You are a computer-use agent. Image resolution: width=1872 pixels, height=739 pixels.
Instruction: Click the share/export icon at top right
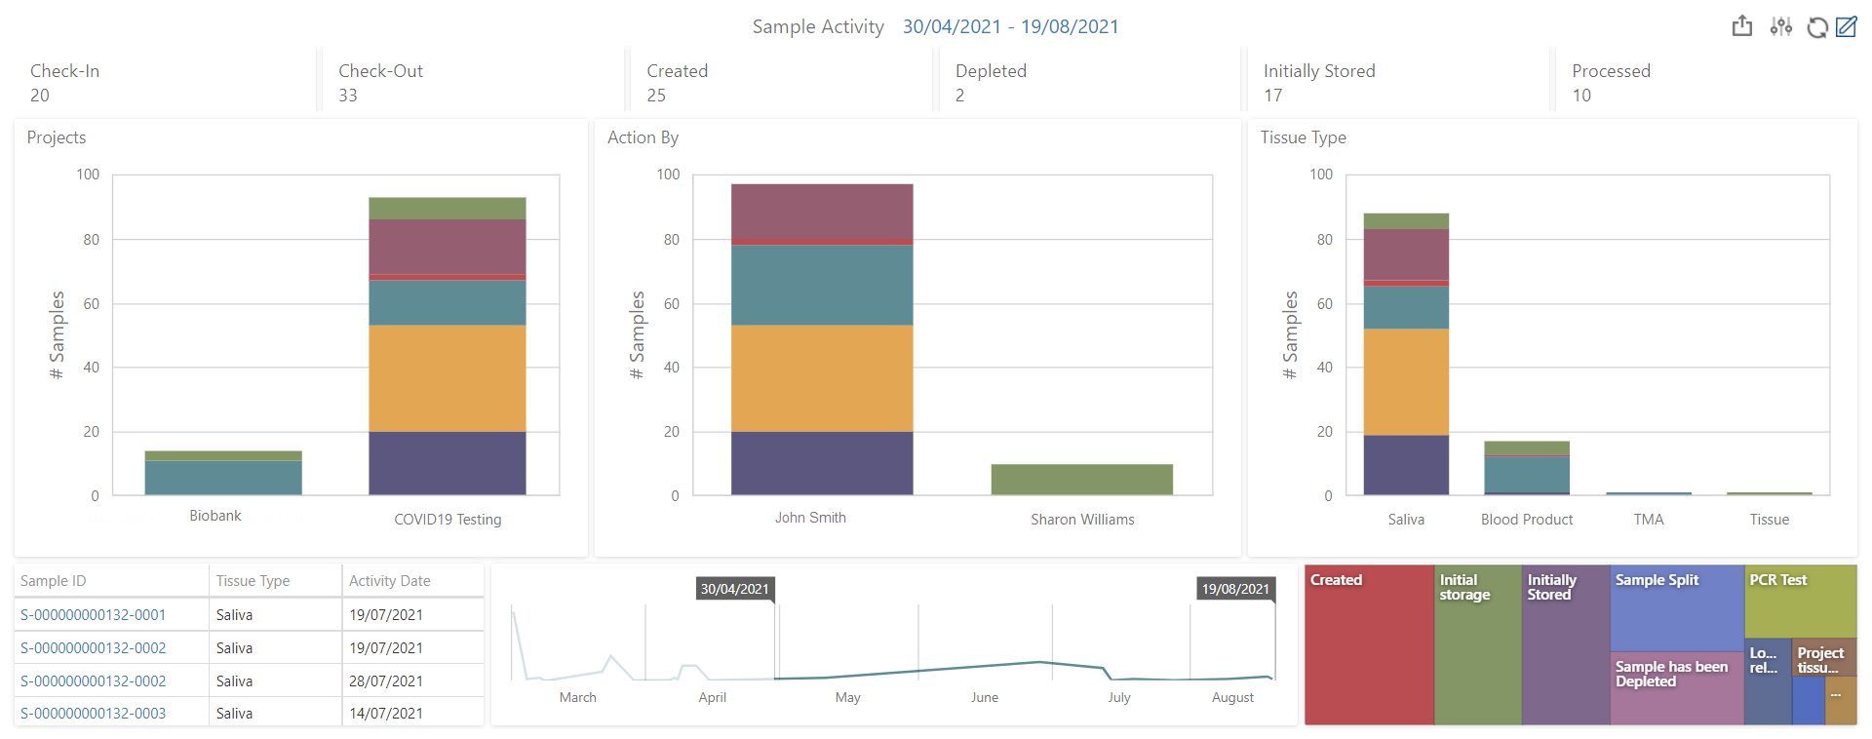click(x=1742, y=26)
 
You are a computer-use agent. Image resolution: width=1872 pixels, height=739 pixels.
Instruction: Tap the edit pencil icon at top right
click(x=1846, y=26)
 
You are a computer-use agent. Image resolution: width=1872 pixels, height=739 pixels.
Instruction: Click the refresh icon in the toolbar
click(x=1816, y=27)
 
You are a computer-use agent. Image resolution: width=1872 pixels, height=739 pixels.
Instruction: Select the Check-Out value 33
click(x=348, y=96)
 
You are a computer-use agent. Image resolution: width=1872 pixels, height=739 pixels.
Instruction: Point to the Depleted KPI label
click(x=991, y=71)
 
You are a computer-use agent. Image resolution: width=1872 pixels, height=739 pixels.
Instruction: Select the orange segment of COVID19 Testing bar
click(x=448, y=378)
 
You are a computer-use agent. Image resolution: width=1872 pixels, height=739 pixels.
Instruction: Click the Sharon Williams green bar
click(x=1081, y=480)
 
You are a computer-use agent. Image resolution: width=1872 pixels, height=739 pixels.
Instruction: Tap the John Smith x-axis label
click(x=810, y=518)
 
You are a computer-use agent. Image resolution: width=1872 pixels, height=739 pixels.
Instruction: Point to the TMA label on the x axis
click(x=1649, y=520)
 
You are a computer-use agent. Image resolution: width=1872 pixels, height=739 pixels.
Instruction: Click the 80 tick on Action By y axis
click(x=671, y=240)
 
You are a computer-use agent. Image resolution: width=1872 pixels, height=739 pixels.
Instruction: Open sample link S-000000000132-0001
click(x=93, y=615)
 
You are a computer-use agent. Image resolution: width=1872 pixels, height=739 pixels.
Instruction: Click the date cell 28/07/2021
click(x=386, y=681)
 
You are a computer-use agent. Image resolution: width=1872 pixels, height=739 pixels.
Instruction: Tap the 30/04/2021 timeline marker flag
click(x=735, y=589)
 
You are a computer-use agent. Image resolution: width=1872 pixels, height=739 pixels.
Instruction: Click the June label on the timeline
click(x=984, y=697)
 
